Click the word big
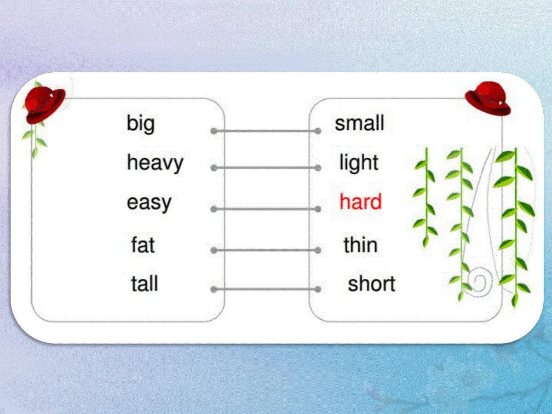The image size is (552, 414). pyautogui.click(x=141, y=124)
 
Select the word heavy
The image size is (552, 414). pyautogui.click(x=155, y=163)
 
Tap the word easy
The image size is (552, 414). pyautogui.click(x=149, y=203)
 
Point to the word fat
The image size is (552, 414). pyautogui.click(x=143, y=244)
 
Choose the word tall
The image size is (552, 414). pyautogui.click(x=144, y=283)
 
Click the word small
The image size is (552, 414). pyautogui.click(x=359, y=123)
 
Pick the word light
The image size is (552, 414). pyautogui.click(x=359, y=163)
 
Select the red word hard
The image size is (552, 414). pyautogui.click(x=360, y=201)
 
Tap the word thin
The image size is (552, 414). pyautogui.click(x=360, y=244)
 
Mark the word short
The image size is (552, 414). pyautogui.click(x=371, y=283)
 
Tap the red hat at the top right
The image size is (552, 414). pyautogui.click(x=488, y=98)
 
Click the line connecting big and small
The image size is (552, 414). pyautogui.click(x=266, y=131)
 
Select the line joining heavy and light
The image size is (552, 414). pyautogui.click(x=266, y=167)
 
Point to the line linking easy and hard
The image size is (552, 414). pyautogui.click(x=266, y=209)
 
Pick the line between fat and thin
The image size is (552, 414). pyautogui.click(x=266, y=250)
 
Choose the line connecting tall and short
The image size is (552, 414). pyautogui.click(x=266, y=289)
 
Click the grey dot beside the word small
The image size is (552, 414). pyautogui.click(x=318, y=131)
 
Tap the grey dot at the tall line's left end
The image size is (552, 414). pyautogui.click(x=214, y=289)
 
